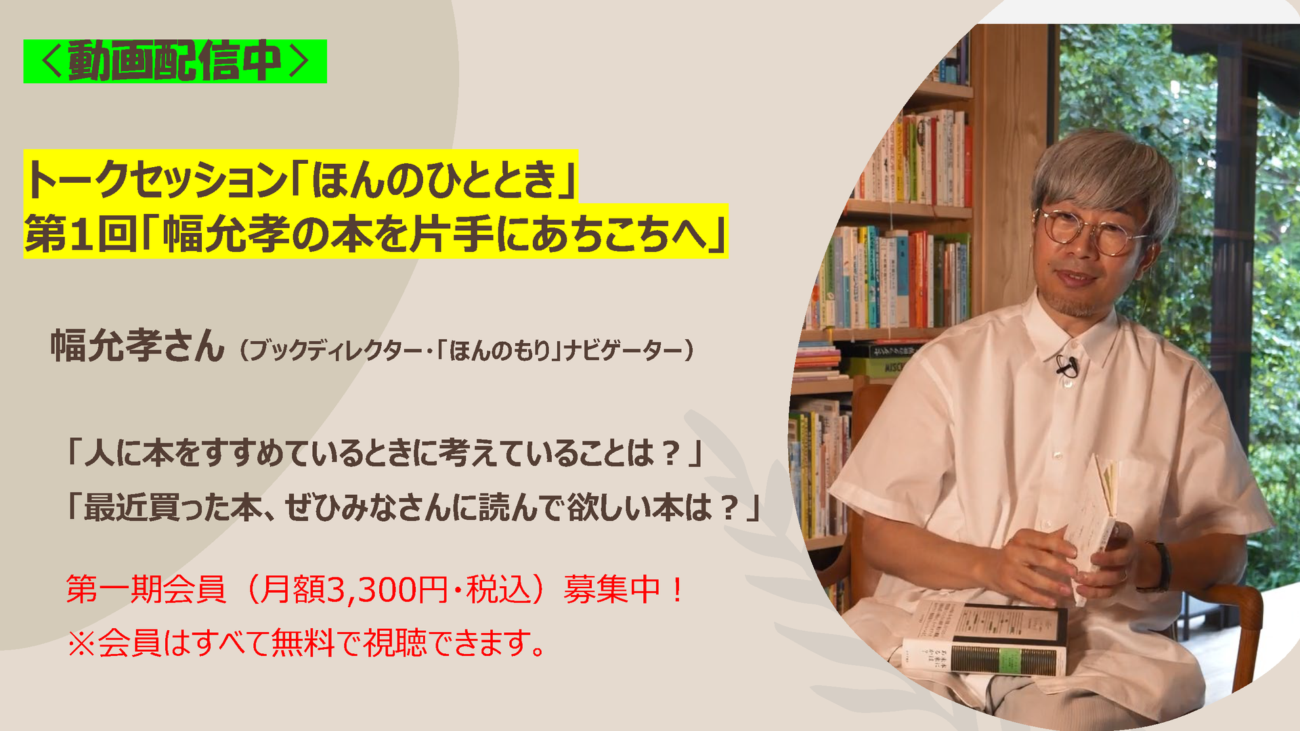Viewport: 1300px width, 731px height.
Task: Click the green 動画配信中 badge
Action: point(175,62)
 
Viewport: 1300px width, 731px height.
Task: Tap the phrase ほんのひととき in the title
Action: point(434,179)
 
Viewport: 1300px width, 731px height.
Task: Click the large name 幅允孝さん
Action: point(137,345)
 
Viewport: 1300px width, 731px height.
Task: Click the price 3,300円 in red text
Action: point(388,589)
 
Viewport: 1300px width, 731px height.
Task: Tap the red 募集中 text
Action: point(612,589)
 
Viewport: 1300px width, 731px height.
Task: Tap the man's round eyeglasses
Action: point(1090,231)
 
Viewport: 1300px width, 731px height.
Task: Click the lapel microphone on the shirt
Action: point(1066,368)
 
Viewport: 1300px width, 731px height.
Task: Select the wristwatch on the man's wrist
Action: point(1161,567)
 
